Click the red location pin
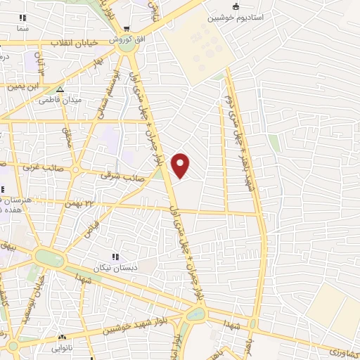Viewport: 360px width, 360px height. pos(181,165)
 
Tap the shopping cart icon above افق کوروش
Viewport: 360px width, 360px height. pos(126,29)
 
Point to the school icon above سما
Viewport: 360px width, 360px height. pos(23,18)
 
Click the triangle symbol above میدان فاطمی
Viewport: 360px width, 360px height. pos(60,90)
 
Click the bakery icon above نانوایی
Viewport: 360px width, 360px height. pos(62,337)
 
